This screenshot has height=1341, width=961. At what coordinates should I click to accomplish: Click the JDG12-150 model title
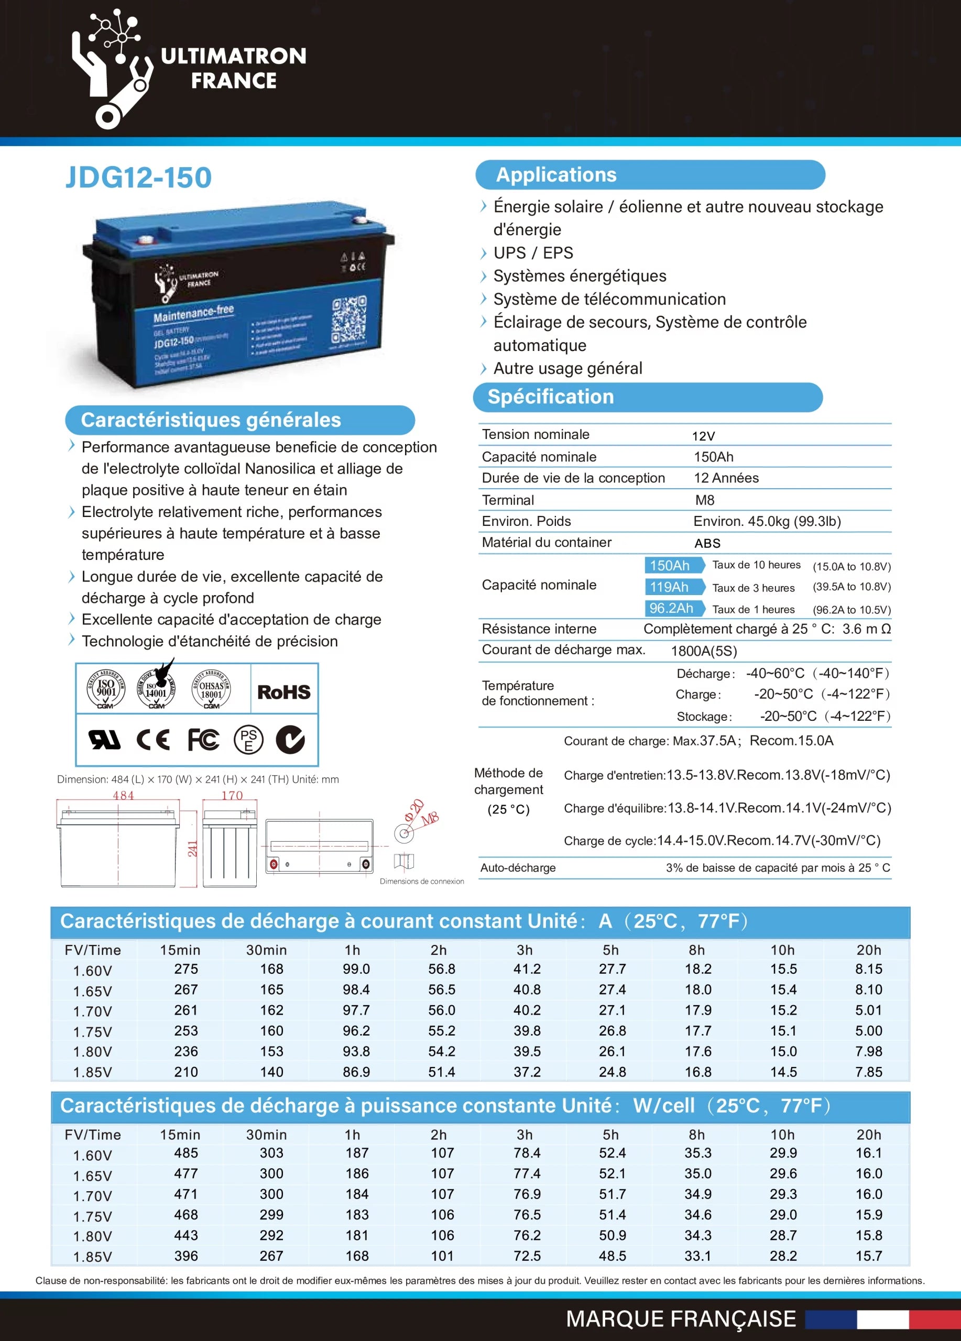tap(138, 178)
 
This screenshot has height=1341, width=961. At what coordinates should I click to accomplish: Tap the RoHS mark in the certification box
tap(284, 692)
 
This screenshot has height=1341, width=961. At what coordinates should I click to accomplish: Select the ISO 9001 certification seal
tap(106, 689)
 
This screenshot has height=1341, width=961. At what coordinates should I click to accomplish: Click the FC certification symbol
tap(203, 740)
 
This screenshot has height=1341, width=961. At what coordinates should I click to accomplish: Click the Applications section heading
tap(556, 175)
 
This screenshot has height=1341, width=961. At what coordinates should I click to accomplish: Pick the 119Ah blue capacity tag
tap(670, 587)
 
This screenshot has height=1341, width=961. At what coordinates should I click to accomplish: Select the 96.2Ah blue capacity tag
tap(671, 608)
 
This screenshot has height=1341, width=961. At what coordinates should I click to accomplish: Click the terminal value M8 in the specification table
tap(704, 500)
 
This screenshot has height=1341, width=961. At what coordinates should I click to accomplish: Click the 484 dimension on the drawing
tap(123, 795)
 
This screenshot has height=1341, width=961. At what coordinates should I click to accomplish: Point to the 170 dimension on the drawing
tap(232, 795)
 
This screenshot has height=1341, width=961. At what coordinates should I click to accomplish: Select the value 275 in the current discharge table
tap(185, 969)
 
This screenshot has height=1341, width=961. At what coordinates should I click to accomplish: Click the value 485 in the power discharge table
tap(185, 1152)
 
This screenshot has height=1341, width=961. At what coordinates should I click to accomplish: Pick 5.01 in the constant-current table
tap(868, 1010)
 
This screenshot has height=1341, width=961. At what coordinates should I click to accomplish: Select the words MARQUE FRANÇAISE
tap(681, 1319)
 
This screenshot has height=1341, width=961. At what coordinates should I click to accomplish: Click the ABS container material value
tap(707, 543)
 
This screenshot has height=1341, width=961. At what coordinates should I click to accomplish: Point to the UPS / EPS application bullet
tap(533, 253)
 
